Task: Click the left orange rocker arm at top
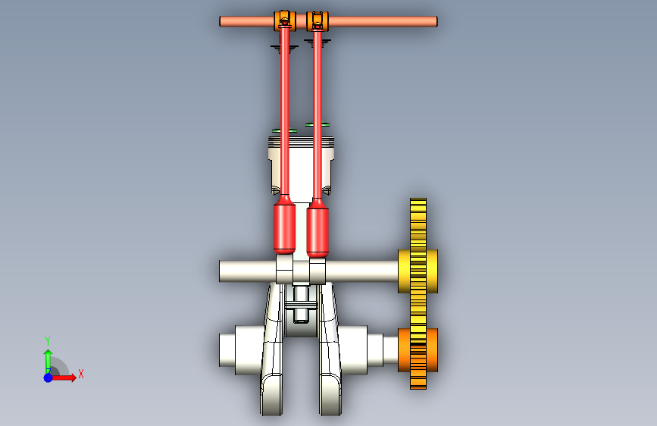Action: click(285, 21)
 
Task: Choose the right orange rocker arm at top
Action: click(318, 21)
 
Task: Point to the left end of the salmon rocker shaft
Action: click(220, 21)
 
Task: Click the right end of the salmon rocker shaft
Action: click(436, 21)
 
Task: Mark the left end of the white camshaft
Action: click(220, 271)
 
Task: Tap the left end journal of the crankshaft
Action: click(227, 350)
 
